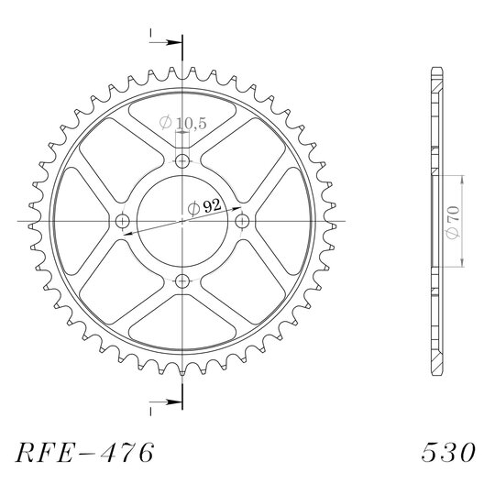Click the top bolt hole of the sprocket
pos(182,161)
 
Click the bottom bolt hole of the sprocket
pos(182,281)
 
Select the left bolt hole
pos(123,221)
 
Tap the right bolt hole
pos(242,221)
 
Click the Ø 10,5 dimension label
pos(182,123)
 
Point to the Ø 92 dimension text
pos(204,207)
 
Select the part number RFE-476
pos(84,453)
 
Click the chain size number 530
pos(448,453)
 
